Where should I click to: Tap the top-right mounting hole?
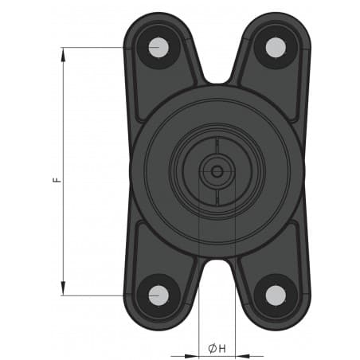coord(275,47)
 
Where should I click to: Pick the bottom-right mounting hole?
coord(275,295)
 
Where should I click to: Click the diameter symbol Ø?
coord(213,349)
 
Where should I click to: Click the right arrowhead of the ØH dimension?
coord(241,356)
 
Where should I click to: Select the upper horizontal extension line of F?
coord(96,48)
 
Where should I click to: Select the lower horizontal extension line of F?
coord(96,295)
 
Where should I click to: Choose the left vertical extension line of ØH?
coord(198,319)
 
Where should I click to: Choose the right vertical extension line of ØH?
coord(235,319)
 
